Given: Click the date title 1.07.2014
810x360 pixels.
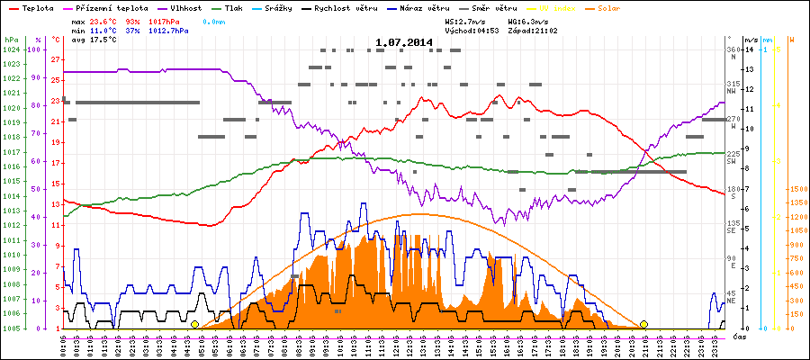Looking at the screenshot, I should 404,42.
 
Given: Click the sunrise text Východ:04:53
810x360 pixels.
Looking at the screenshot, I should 473,30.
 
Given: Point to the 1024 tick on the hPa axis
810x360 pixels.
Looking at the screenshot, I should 11,49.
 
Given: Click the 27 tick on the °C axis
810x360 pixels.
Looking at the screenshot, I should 56,59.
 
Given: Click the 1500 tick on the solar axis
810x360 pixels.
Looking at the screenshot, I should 796,189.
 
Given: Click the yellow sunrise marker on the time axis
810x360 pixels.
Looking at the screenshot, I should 194,324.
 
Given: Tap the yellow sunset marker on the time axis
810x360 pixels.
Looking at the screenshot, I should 643,324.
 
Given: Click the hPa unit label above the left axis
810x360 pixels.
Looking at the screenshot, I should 11,40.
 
